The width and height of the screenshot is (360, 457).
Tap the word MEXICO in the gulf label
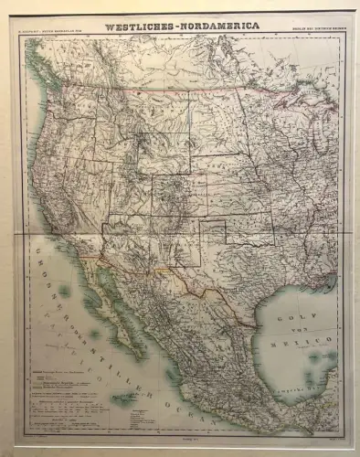pyautogui.click(x=310, y=339)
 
